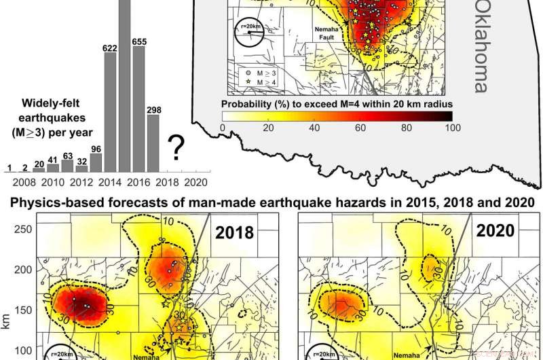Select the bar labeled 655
pos(138,108)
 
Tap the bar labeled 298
pos(153,142)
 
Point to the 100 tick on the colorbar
pos(451,127)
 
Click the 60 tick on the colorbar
pos(360,127)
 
